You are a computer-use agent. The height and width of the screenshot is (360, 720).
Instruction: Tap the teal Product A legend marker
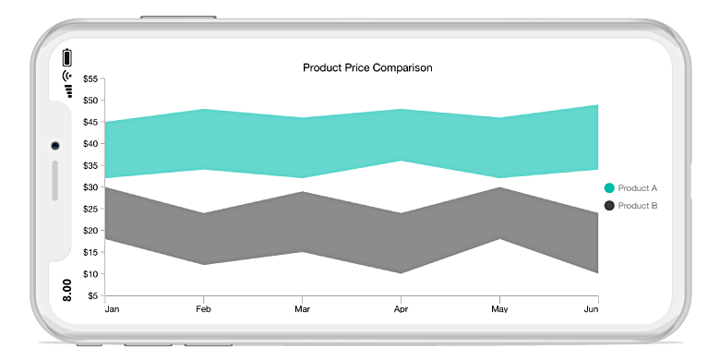pos(609,188)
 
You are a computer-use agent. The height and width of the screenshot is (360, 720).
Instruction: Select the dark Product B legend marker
pos(609,205)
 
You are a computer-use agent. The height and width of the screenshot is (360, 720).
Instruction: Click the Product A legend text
pos(638,188)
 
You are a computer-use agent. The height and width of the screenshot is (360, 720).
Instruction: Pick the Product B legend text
pos(638,205)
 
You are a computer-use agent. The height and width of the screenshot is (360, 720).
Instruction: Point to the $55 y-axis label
pos(90,78)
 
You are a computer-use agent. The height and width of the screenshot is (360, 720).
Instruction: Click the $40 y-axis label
pos(90,144)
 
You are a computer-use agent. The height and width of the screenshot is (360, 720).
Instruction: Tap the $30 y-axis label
pos(90,187)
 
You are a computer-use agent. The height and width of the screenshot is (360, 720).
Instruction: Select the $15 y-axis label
pos(90,252)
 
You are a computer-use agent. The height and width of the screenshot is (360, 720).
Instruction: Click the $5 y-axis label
pos(93,295)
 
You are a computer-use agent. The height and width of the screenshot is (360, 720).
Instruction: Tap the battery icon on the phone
pos(67,56)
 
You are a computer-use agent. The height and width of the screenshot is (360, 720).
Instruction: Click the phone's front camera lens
pos(55,146)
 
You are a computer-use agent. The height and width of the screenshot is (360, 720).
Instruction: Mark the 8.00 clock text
pos(67,289)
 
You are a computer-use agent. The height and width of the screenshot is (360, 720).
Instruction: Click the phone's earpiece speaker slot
pos(55,180)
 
